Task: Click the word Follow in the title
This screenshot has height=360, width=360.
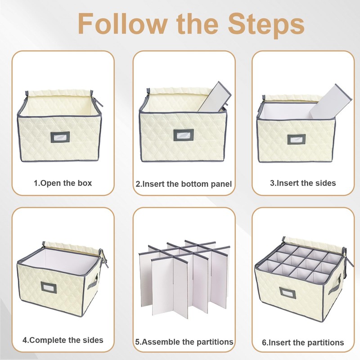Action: click(122, 24)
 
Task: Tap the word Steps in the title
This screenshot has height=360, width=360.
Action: click(266, 25)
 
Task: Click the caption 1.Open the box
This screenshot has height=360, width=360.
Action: click(63, 183)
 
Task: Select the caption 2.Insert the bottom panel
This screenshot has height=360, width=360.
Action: click(184, 184)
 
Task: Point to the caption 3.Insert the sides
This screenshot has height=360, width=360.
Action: click(303, 183)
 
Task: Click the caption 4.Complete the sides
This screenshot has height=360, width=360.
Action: click(63, 340)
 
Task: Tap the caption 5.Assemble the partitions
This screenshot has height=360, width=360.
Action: click(184, 342)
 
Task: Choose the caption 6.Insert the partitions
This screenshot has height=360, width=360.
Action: click(303, 342)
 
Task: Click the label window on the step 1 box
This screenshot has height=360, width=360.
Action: click(60, 137)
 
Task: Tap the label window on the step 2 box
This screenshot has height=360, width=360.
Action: click(184, 135)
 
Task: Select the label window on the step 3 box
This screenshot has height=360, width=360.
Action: click(297, 139)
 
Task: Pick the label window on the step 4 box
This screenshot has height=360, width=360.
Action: click(49, 287)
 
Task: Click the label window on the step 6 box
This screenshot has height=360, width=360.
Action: click(288, 293)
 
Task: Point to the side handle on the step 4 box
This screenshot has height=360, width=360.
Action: click(93, 282)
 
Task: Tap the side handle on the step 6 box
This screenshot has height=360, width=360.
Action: click(335, 285)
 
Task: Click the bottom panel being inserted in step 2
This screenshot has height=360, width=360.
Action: click(215, 96)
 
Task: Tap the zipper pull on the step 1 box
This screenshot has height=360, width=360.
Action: click(99, 102)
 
